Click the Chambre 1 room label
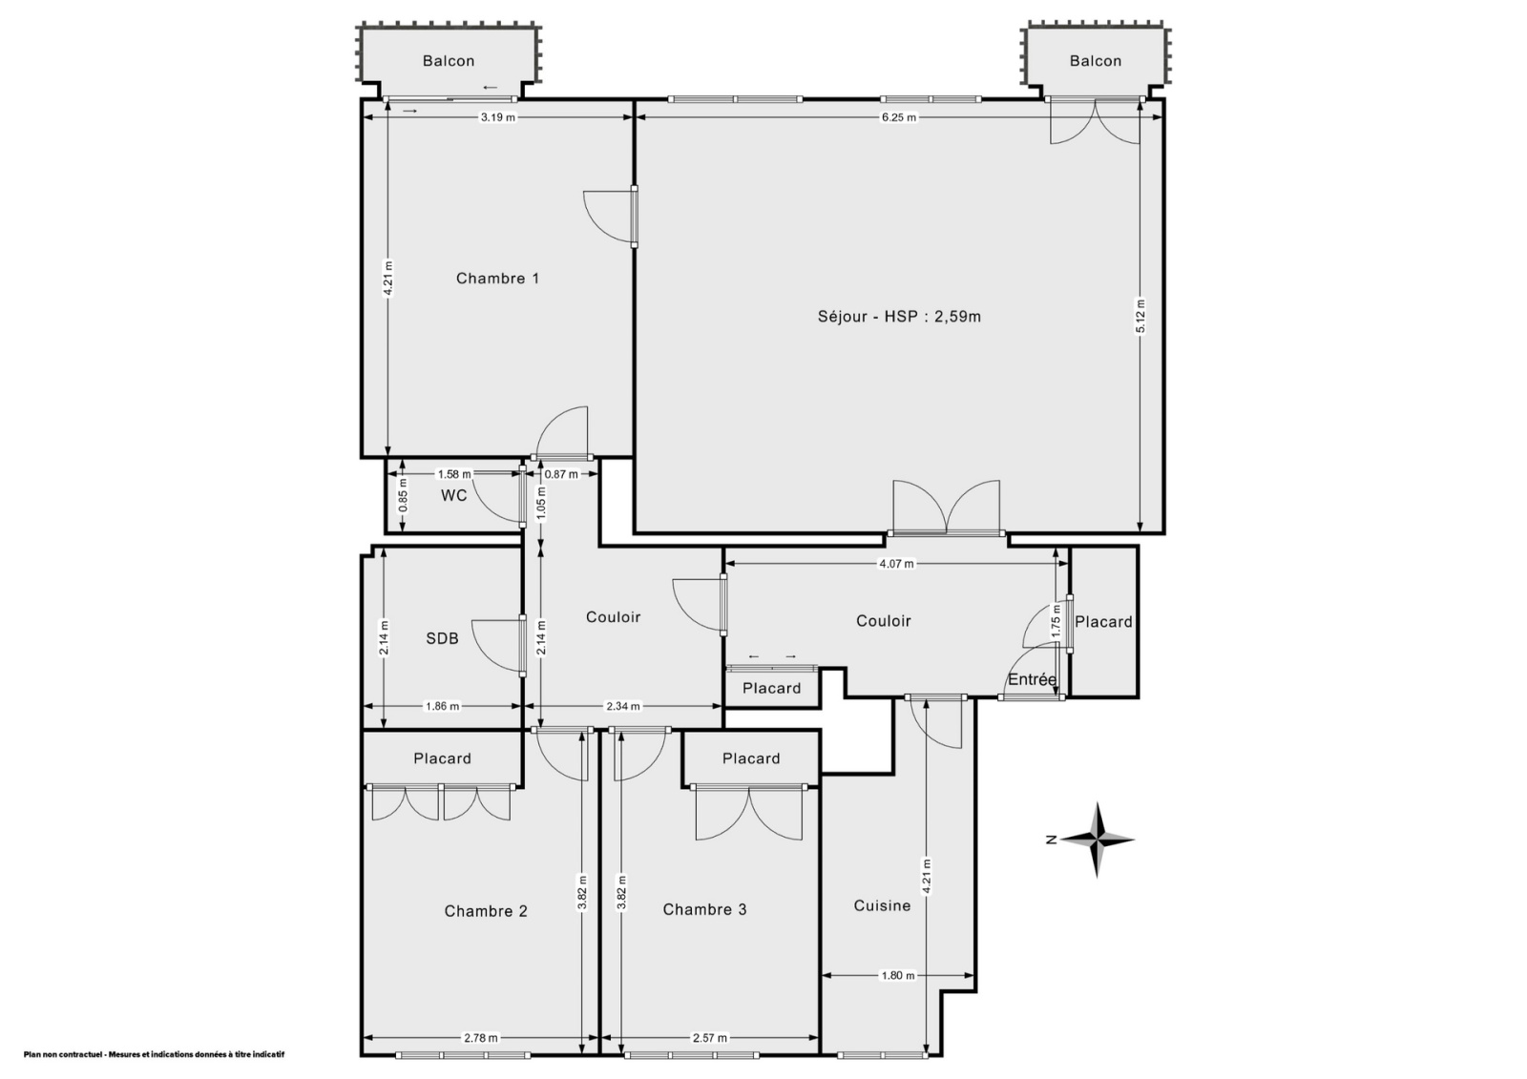point(497,279)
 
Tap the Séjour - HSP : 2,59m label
point(899,317)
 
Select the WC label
point(454,495)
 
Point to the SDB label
point(443,638)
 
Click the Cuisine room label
point(882,905)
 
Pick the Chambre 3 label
point(705,909)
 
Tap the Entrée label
point(1032,679)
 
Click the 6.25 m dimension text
point(899,117)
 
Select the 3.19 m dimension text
point(498,117)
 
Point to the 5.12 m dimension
point(1140,317)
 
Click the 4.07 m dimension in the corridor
point(896,564)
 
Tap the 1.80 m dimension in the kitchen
point(898,975)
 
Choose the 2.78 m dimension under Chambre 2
point(481,1038)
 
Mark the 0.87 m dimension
point(561,474)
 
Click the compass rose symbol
point(1097,840)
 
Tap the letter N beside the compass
point(1051,840)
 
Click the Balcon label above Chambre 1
point(449,61)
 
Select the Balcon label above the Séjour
point(1096,61)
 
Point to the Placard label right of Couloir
point(1103,622)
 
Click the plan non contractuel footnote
point(154,1054)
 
